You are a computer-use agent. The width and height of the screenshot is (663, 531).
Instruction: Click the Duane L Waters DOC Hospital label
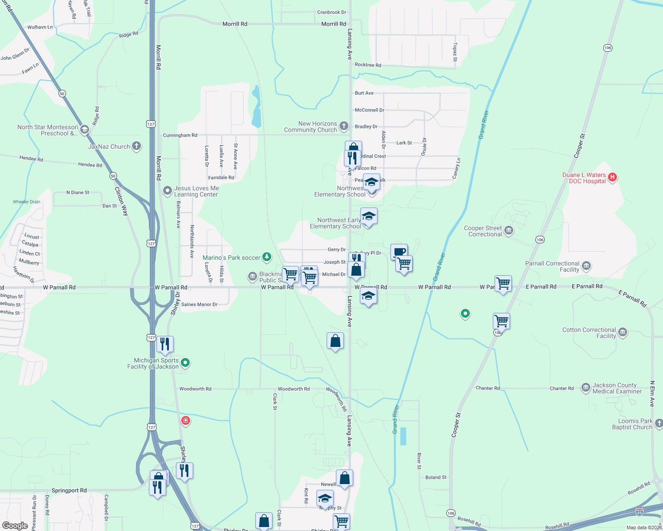[x=584, y=178]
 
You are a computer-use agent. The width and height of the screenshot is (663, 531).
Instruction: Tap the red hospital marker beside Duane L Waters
[x=612, y=177]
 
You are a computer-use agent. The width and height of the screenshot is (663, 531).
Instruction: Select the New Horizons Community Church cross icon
[x=344, y=126]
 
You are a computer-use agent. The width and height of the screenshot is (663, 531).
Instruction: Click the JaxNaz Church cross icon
[x=136, y=146]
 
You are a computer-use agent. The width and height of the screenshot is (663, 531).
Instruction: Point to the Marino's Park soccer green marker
[x=266, y=257]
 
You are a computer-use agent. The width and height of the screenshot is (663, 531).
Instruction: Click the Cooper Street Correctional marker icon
[x=509, y=230]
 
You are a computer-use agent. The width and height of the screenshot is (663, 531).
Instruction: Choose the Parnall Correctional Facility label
[x=552, y=266]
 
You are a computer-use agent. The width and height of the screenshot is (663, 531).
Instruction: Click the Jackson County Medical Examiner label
[x=617, y=388]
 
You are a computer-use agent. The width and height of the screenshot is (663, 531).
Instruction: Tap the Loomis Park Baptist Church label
[x=632, y=424]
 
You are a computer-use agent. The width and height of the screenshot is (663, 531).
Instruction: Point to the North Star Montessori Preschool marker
[x=84, y=130]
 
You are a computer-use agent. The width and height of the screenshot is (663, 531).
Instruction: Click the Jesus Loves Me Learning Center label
[x=196, y=191]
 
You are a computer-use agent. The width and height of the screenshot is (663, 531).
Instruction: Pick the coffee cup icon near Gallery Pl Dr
[x=399, y=252]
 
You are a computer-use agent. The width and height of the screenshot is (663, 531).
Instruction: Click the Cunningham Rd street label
[x=180, y=135]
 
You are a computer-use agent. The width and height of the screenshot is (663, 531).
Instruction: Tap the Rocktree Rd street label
[x=368, y=65]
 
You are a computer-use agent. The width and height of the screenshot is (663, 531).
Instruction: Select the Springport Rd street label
[x=69, y=490]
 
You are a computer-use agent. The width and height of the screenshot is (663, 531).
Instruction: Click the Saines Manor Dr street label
[x=199, y=304]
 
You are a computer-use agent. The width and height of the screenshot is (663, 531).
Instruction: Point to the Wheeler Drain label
[x=27, y=202]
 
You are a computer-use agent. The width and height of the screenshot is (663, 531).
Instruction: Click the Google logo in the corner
[x=15, y=526]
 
